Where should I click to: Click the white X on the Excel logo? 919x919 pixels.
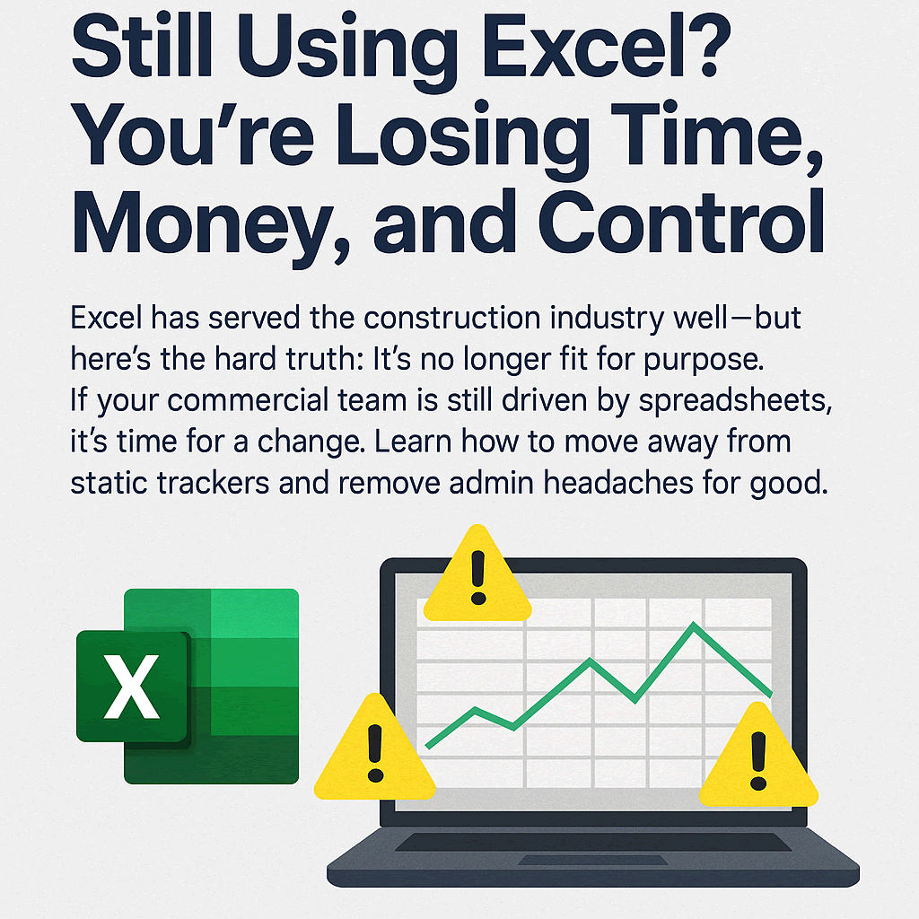(132, 687)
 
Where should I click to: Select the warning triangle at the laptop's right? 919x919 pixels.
(758, 759)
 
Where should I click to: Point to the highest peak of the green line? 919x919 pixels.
(693, 625)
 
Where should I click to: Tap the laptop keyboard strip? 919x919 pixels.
(593, 843)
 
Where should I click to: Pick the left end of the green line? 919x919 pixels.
(427, 746)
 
